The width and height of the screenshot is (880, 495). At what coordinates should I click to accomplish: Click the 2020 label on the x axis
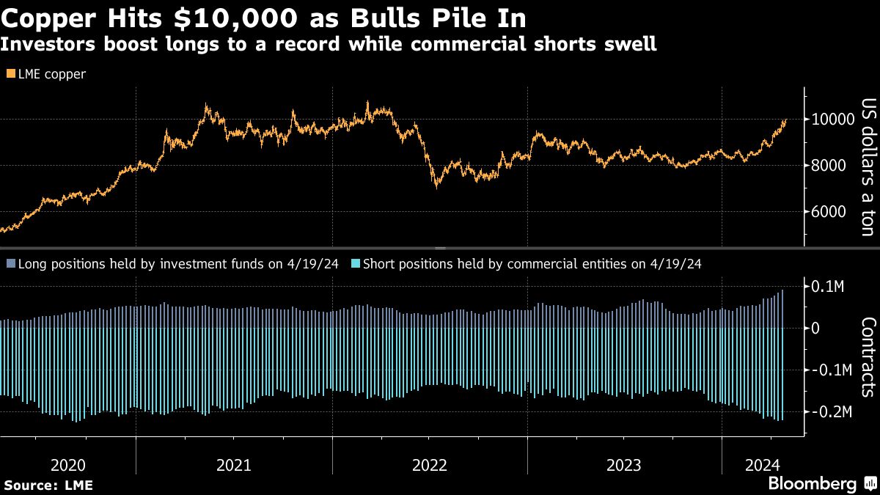(x=68, y=464)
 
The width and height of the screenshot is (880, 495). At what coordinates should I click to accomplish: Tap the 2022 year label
(x=429, y=464)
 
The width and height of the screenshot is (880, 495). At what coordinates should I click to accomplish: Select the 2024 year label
(x=761, y=464)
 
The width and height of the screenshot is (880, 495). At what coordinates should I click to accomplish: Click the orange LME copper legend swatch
(x=10, y=74)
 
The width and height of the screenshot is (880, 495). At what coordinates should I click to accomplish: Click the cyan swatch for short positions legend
(x=356, y=264)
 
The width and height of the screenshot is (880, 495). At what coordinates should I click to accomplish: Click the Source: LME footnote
(x=48, y=485)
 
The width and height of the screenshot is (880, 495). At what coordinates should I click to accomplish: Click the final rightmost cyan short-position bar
(x=783, y=374)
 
